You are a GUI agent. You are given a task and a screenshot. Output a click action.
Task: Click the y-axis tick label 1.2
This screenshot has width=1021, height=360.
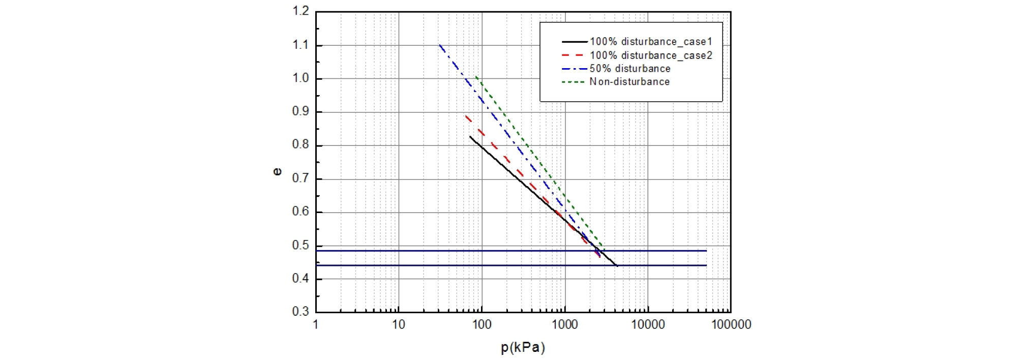[x=301, y=11]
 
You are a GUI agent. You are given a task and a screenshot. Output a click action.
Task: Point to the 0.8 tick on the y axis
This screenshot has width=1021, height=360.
[x=301, y=145]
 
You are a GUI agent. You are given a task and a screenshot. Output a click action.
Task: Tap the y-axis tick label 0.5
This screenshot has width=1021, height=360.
[x=301, y=246]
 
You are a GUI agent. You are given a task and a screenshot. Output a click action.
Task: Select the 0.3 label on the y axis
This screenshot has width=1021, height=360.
[x=301, y=312]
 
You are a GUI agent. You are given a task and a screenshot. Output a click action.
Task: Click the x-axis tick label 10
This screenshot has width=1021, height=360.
[x=399, y=325]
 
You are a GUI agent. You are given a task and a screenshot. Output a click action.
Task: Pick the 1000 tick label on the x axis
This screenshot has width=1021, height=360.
[x=564, y=325]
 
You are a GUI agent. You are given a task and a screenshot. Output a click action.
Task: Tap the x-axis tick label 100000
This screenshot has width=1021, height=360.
[x=731, y=325]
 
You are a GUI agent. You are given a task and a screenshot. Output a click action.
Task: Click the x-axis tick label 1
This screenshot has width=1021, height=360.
[x=316, y=325]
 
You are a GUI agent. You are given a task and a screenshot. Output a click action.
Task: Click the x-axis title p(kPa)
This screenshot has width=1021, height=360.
[x=523, y=348]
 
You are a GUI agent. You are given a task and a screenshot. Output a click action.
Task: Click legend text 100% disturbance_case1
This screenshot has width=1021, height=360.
[x=651, y=42]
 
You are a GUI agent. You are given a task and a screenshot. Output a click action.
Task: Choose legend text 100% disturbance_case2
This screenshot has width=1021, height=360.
[x=651, y=55]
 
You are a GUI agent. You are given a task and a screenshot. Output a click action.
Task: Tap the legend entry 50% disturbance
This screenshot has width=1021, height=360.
[x=630, y=69]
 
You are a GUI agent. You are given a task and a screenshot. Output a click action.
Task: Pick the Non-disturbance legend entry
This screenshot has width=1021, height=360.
[x=629, y=82]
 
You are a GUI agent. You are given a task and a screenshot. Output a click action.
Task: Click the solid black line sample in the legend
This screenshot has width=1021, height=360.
[x=575, y=42]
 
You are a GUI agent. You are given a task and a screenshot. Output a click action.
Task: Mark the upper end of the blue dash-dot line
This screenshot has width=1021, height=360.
[x=440, y=45]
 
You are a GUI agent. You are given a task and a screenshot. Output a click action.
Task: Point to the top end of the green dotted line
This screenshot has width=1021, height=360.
[x=476, y=77]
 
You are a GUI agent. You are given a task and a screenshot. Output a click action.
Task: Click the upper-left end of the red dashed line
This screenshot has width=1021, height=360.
[x=466, y=116]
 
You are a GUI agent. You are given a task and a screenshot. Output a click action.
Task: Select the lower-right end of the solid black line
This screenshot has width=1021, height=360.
[x=617, y=265]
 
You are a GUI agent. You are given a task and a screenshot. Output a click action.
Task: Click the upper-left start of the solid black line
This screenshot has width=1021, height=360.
[x=470, y=136]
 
